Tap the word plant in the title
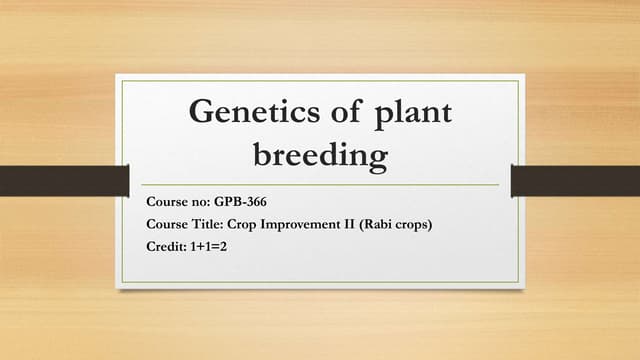coord(412,112)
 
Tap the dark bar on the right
coord(575,181)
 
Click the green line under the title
coord(320,185)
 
